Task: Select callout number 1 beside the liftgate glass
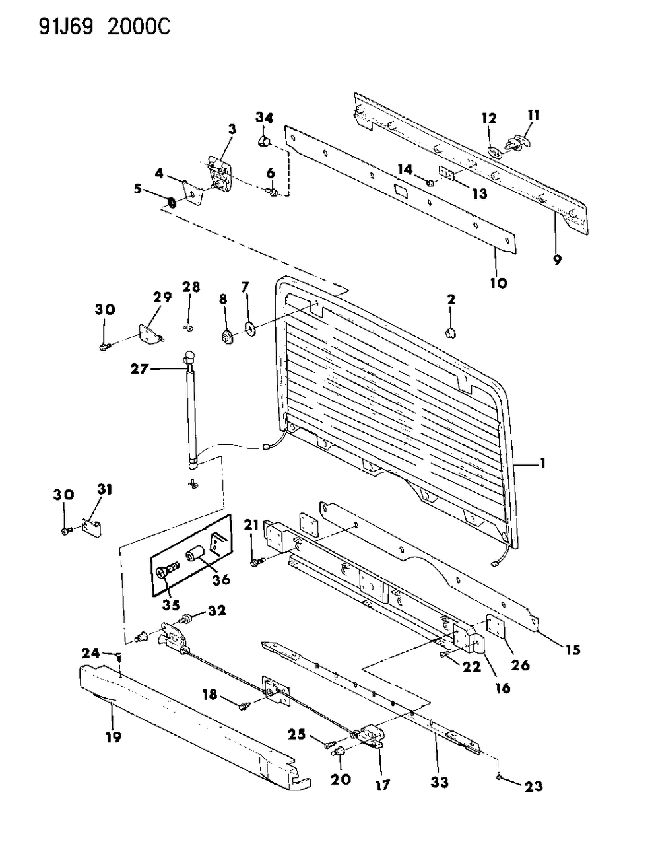tap(542, 464)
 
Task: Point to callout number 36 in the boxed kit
tap(221, 579)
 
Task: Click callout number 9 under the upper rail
tap(557, 260)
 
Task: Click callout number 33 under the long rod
tap(440, 782)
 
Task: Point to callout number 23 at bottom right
tap(533, 786)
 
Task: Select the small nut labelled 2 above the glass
tap(452, 332)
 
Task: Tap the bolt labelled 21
tap(257, 562)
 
